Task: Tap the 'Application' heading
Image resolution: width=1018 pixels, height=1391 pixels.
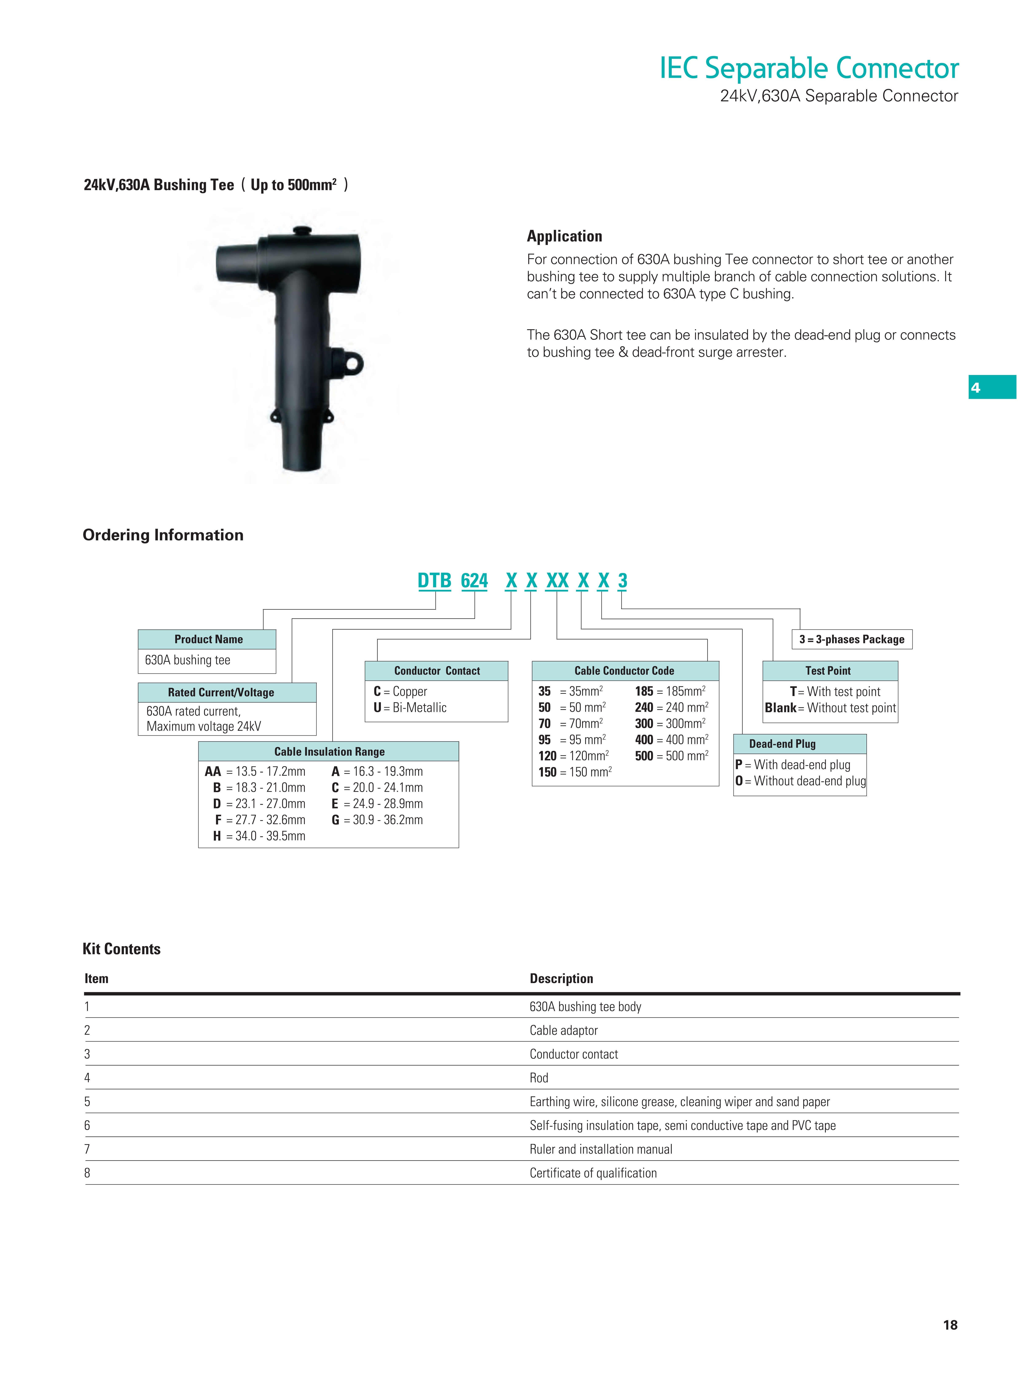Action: click(x=564, y=236)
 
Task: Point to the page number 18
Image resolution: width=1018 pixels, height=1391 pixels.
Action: click(x=950, y=1324)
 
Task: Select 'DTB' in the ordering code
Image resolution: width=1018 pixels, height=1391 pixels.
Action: click(x=434, y=581)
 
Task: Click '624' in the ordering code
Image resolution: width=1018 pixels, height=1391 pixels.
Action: click(x=474, y=581)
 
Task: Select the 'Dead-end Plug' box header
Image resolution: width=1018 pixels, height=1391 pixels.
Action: click(x=782, y=744)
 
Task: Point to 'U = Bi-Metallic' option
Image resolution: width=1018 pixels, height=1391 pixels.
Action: click(x=410, y=708)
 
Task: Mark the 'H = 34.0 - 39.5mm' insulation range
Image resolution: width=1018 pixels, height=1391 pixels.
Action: click(x=259, y=836)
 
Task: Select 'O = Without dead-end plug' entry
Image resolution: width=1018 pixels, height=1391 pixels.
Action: click(x=800, y=781)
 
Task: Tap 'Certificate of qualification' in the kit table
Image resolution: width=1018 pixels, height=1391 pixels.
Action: click(x=593, y=1173)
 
